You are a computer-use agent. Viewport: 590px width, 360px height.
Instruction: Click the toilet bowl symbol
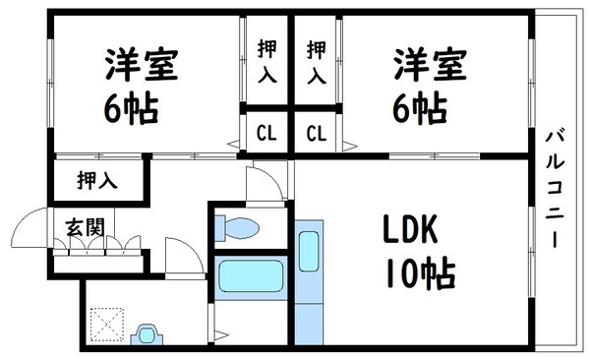click(x=237, y=228)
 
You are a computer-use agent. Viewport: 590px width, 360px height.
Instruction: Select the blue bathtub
click(x=250, y=276)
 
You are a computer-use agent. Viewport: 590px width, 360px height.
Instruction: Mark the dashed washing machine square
click(x=103, y=324)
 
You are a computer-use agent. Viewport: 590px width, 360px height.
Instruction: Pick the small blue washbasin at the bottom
click(x=147, y=335)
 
